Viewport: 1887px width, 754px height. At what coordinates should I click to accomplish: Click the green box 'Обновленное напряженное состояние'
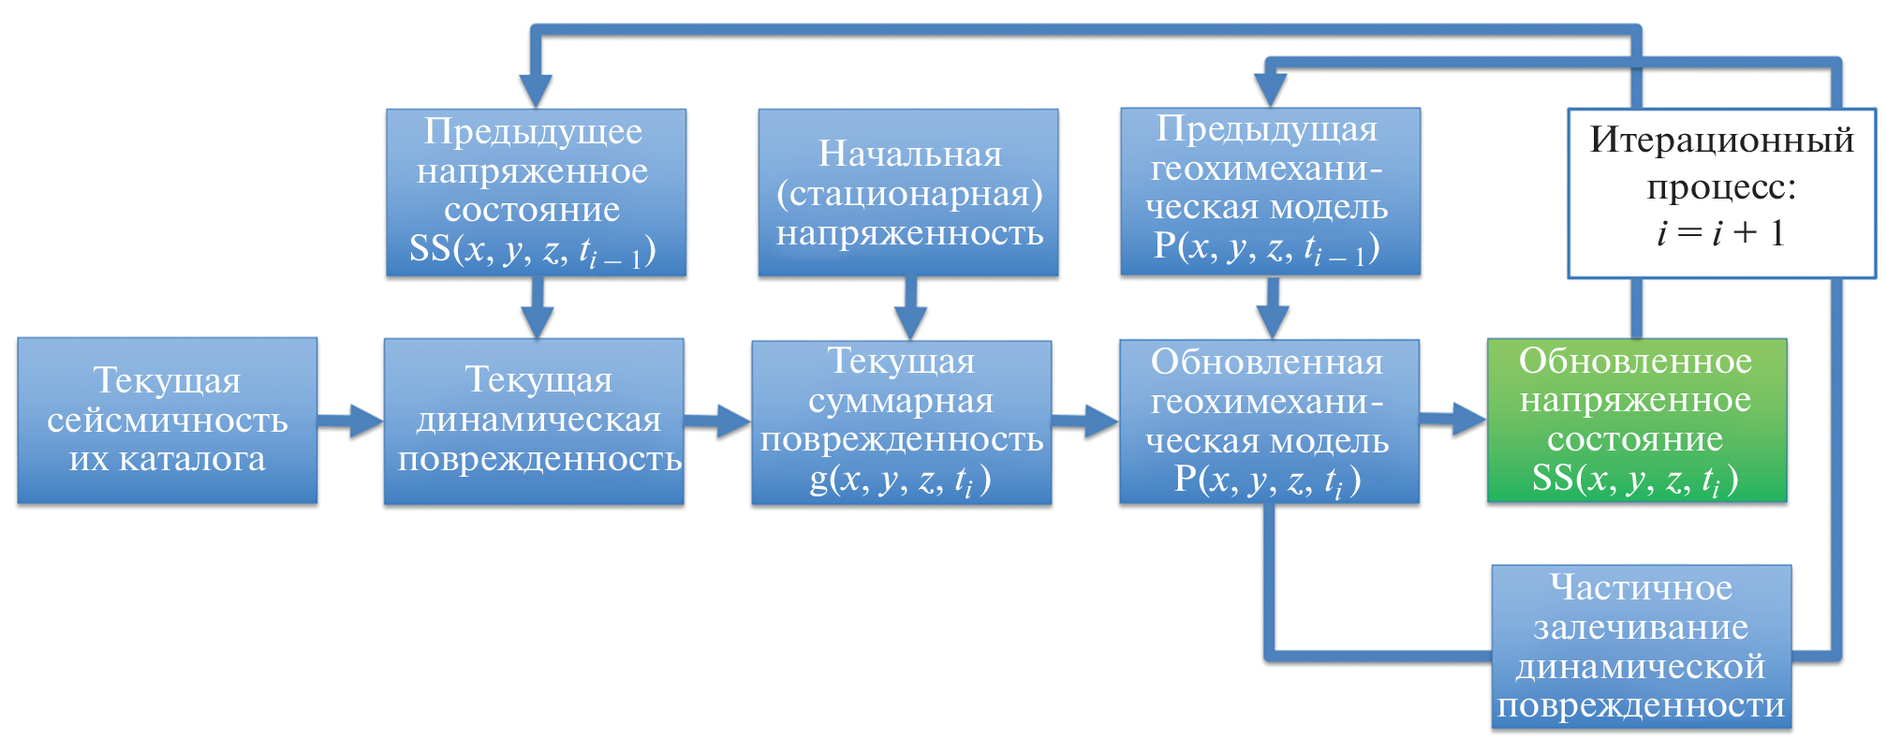(x=1636, y=420)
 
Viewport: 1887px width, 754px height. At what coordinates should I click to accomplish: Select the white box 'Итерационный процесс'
(x=1721, y=193)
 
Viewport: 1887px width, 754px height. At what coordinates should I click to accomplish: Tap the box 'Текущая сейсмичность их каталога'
(x=167, y=421)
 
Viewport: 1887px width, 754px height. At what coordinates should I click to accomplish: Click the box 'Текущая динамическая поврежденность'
(x=534, y=421)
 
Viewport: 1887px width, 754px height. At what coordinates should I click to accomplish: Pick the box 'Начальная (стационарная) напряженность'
(x=907, y=193)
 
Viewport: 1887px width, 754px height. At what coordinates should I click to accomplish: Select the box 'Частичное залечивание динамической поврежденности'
(x=1641, y=646)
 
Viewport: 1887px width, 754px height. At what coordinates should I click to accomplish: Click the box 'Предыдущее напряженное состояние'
(x=536, y=193)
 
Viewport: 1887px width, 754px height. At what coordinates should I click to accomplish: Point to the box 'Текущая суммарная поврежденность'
(x=901, y=422)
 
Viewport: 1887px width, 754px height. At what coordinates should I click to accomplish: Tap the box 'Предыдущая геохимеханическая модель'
(x=1270, y=192)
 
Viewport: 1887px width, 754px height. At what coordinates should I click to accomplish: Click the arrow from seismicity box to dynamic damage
(x=350, y=421)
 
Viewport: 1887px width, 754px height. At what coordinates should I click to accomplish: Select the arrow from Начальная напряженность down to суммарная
(x=909, y=309)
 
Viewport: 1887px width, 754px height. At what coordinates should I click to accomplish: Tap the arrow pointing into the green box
(x=1453, y=419)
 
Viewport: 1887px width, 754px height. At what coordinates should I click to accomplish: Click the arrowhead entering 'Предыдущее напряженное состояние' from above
(x=536, y=90)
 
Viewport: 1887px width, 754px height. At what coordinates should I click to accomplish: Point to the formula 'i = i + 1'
(x=1720, y=233)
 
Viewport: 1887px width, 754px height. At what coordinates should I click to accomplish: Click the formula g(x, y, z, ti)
(x=900, y=480)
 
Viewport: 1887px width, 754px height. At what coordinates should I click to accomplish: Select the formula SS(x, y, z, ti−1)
(x=532, y=250)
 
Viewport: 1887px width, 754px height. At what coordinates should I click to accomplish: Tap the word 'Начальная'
(x=909, y=154)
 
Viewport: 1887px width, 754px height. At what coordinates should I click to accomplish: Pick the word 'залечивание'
(x=1641, y=627)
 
